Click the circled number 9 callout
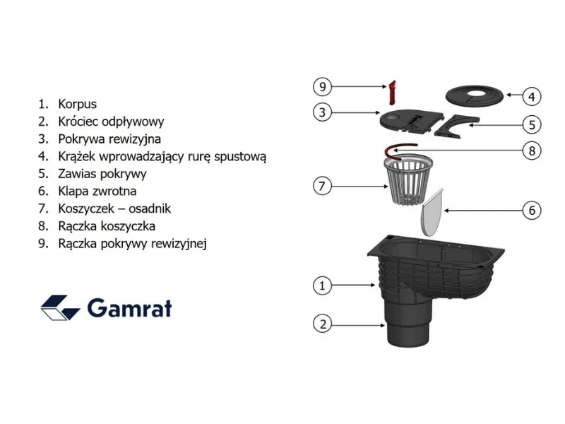point(322,86)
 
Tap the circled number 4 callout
point(532,97)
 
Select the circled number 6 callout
point(532,210)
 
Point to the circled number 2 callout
point(322,324)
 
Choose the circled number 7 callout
point(322,186)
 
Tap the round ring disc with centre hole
point(475,96)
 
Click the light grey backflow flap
point(432,212)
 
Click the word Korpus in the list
point(78,104)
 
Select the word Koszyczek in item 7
point(86,208)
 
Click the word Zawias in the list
point(78,174)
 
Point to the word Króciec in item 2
point(78,122)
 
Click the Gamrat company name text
point(130,309)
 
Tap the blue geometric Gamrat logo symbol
point(60,308)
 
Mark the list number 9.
point(43,244)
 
